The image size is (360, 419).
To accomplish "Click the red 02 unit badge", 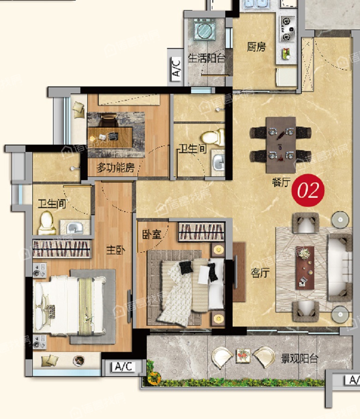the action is click(x=308, y=190).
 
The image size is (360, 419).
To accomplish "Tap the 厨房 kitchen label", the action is click(x=256, y=47).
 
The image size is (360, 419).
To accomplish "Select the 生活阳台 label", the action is click(x=206, y=58).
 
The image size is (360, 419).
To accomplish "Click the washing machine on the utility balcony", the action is click(x=204, y=30).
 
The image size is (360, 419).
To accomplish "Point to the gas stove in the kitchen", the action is click(x=288, y=29).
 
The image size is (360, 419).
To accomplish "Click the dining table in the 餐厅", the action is click(x=281, y=145).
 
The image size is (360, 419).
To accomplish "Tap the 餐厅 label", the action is click(x=281, y=182).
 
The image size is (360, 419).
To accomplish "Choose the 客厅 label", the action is click(x=260, y=273).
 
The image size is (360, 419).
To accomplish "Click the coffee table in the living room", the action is click(x=305, y=267).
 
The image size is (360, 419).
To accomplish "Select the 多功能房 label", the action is click(x=115, y=168).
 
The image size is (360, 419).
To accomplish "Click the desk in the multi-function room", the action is click(x=110, y=137).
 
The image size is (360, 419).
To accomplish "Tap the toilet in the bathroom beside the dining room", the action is click(x=213, y=137).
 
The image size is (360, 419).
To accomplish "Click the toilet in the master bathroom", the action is click(x=47, y=223).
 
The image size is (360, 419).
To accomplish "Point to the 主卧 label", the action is click(x=115, y=250).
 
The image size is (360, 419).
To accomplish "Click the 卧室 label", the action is click(x=152, y=234).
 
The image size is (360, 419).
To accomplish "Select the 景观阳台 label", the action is click(x=300, y=358).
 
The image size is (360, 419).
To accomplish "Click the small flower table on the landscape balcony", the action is click(x=243, y=356).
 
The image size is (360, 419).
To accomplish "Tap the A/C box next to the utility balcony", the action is click(x=176, y=67).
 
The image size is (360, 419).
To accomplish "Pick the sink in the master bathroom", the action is click(x=75, y=227).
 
